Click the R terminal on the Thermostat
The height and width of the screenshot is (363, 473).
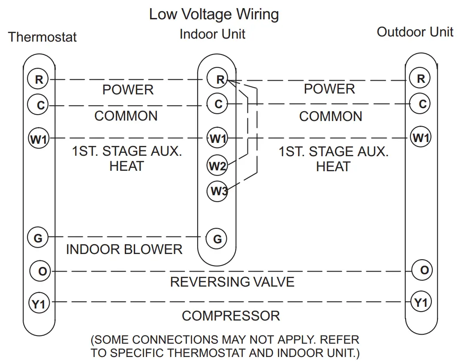point(39,79)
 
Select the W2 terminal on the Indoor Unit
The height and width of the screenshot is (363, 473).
point(217,166)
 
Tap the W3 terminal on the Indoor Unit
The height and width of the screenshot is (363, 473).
point(217,191)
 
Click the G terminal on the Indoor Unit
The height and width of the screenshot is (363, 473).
point(217,239)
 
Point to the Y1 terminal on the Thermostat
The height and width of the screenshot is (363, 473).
point(39,304)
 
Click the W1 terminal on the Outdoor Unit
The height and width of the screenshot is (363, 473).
point(421,138)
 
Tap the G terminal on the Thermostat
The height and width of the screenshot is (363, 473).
point(38,237)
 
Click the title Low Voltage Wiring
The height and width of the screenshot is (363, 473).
point(214,14)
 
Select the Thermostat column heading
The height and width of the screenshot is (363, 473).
point(42,37)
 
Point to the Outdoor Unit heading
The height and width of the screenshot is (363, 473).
point(415,32)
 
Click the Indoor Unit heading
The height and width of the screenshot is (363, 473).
point(212,34)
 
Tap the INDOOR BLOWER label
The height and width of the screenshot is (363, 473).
point(124,249)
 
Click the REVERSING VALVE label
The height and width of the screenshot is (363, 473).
point(232,282)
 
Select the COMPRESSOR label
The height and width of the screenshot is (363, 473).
point(231,316)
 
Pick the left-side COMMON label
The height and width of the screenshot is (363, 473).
point(126,116)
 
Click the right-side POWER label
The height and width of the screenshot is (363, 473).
point(329,89)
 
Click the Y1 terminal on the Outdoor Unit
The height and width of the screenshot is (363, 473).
point(421,303)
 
